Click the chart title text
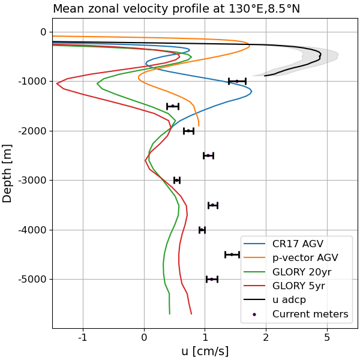pos(176,8)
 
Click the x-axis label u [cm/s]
pos(205,351)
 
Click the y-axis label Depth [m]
pos(8,173)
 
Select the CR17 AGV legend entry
pos(298,244)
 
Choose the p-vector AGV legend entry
pos(305,257)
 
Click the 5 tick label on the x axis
pos(327,337)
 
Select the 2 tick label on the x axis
pos(266,337)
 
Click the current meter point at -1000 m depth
pos(237,81)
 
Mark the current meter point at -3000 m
pos(177,180)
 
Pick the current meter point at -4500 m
pos(232,254)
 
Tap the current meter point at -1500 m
pos(173,106)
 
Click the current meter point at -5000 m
pos(212,279)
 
